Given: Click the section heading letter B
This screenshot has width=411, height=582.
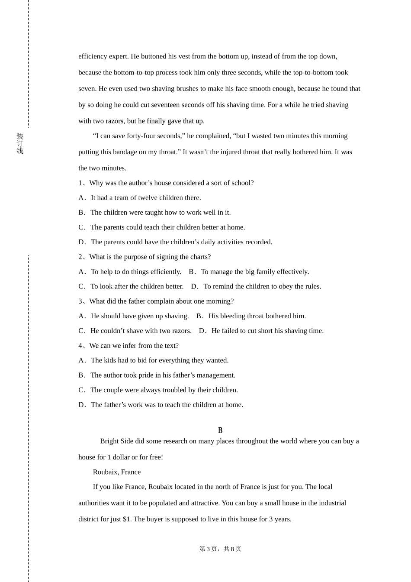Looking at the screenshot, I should pyautogui.click(x=220, y=430).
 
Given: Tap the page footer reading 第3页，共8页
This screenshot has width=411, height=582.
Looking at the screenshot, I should pyautogui.click(x=220, y=549).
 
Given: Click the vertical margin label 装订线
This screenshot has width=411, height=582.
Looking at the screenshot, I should pyautogui.click(x=20, y=144).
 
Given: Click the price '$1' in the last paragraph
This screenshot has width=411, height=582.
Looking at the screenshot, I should pyautogui.click(x=127, y=519).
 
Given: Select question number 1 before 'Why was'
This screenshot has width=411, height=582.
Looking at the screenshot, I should pyautogui.click(x=80, y=183).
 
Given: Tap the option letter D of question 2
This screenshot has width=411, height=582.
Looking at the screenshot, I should pyautogui.click(x=194, y=287).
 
